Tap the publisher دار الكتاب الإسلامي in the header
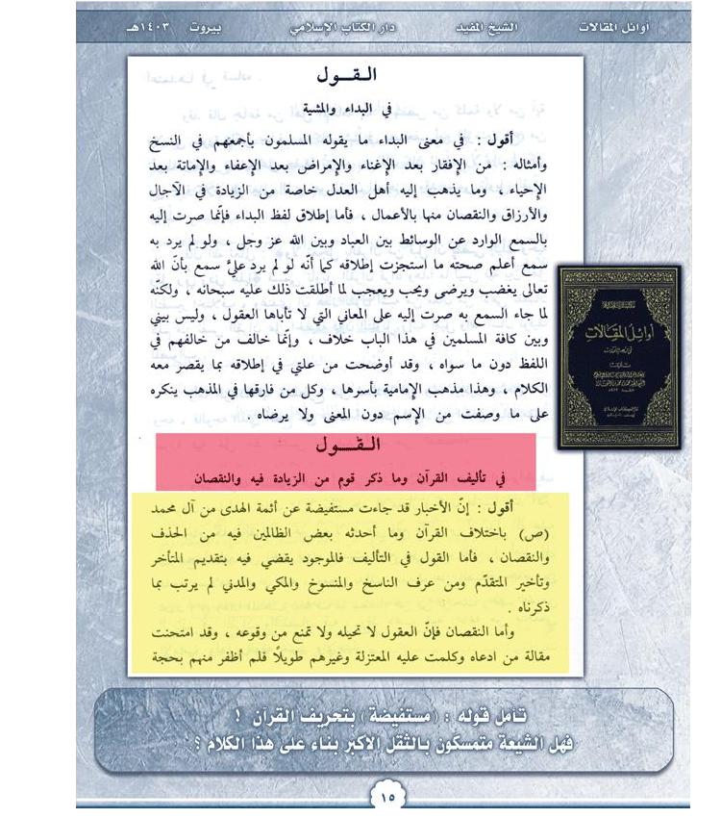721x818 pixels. (343, 28)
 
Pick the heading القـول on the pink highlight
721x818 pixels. (347, 445)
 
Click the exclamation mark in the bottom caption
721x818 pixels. (237, 715)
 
